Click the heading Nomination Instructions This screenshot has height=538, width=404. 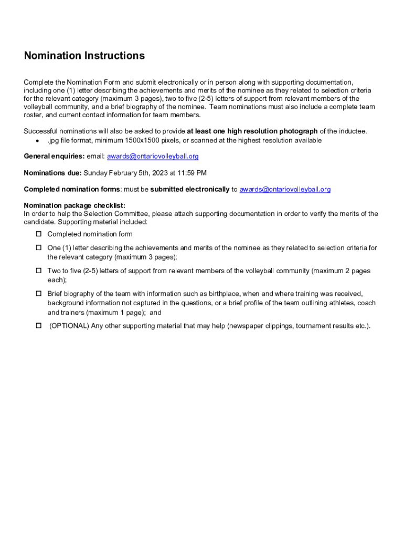coord(84,56)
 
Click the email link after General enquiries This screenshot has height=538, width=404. coord(153,157)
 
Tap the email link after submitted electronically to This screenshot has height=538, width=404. coord(285,189)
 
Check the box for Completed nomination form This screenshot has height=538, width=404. coord(38,234)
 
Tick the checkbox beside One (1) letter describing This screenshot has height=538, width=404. coord(38,247)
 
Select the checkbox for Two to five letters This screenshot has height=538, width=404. coord(38,271)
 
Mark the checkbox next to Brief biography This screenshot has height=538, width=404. coord(38,294)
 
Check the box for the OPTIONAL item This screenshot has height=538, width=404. coord(38,326)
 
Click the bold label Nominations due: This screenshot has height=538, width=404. coord(52,173)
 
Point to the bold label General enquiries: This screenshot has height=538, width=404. coord(54,157)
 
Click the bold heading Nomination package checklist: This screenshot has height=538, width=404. coord(75,205)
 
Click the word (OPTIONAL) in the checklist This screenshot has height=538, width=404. coord(69,326)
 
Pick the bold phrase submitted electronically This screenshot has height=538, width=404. coord(190,189)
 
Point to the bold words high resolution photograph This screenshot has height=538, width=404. coord(272,131)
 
